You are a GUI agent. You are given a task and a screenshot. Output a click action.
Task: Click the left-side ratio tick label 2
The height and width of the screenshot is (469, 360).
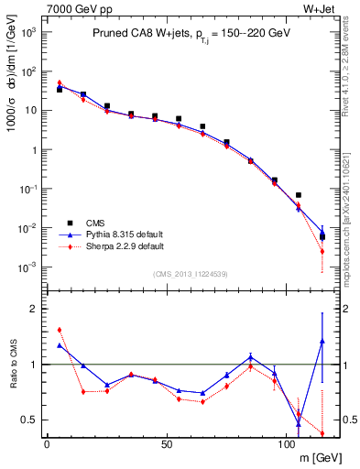33,309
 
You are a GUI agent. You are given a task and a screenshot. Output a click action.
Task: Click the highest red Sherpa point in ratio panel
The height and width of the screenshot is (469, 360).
60,330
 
